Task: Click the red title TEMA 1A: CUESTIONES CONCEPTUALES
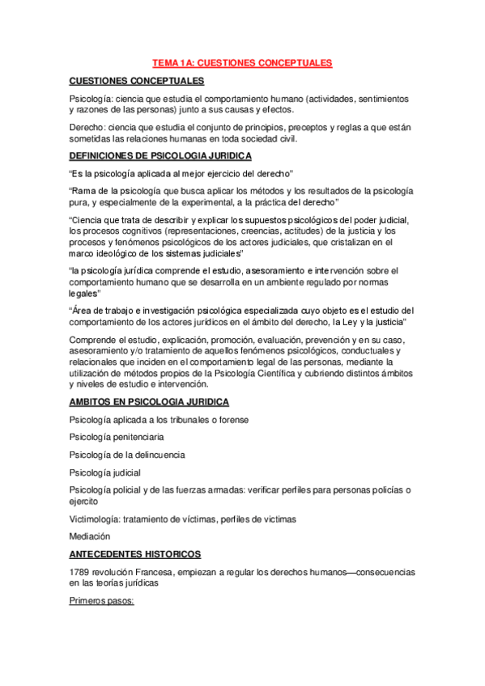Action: point(242,62)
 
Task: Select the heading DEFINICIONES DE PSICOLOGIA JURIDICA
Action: point(160,155)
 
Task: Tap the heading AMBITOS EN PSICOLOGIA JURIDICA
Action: point(149,401)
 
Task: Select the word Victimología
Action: point(95,519)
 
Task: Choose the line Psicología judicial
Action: point(105,472)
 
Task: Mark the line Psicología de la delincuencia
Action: point(127,455)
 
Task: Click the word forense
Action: point(231,419)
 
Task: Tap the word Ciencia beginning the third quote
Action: point(91,221)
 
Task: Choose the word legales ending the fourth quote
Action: point(84,294)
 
